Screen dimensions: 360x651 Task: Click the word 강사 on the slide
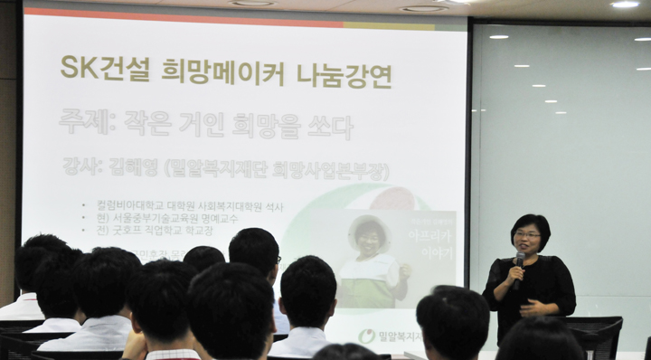click(x=84, y=168)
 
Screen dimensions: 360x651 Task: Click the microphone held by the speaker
click(x=518, y=264)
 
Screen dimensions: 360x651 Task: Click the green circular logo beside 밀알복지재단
click(x=366, y=336)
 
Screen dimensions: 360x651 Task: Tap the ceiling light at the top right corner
click(x=624, y=5)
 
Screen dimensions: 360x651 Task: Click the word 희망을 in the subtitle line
click(x=271, y=125)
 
